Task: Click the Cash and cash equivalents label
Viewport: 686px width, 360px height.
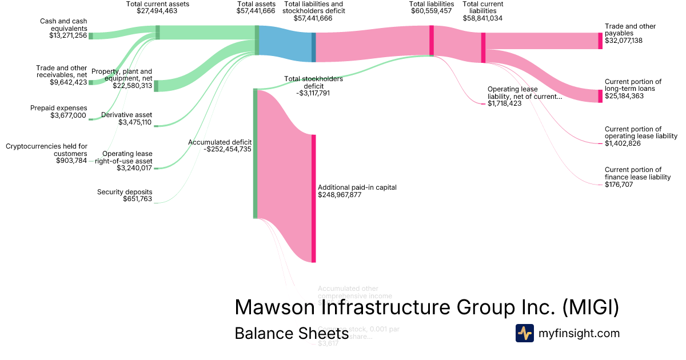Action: [x=63, y=25]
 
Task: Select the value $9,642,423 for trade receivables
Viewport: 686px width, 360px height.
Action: [x=68, y=82]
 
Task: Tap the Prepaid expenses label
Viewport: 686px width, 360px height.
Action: [x=58, y=108]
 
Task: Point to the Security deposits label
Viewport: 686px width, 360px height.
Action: [x=125, y=191]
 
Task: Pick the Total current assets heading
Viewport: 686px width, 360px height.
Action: [x=158, y=4]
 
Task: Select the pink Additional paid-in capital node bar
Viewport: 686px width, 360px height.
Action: [x=313, y=198]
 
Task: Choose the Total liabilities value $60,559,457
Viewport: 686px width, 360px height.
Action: [x=431, y=11]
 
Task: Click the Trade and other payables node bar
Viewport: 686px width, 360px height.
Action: [x=600, y=41]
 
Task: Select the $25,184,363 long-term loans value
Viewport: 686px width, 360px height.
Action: [x=624, y=96]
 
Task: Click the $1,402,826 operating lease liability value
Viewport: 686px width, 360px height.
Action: [x=622, y=143]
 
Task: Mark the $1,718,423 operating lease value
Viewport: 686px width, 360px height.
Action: [x=504, y=104]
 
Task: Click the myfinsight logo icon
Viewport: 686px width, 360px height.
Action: [x=525, y=333]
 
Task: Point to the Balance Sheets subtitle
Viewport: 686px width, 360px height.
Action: [x=291, y=334]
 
